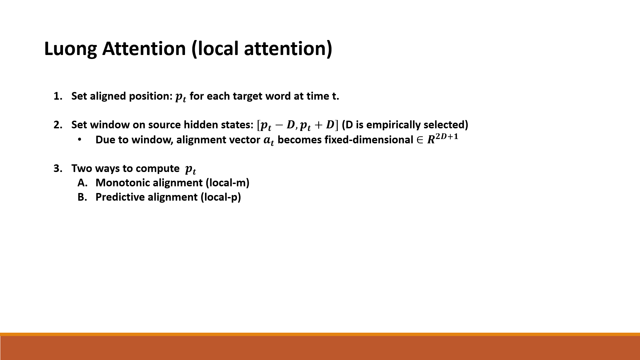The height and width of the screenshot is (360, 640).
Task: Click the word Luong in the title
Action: click(x=70, y=49)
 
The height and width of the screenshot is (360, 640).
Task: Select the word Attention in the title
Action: click(x=144, y=49)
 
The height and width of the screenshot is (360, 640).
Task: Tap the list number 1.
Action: click(x=57, y=96)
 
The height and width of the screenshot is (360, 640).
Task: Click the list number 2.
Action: click(x=57, y=125)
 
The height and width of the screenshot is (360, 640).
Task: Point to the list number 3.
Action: click(x=57, y=169)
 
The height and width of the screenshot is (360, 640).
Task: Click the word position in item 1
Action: click(x=150, y=96)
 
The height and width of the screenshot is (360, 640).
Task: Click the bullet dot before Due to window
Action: click(x=79, y=140)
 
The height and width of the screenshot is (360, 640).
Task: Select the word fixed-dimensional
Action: click(x=369, y=140)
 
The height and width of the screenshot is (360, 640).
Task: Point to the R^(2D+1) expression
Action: click(x=442, y=138)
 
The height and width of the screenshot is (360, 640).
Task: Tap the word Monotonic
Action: click(x=123, y=183)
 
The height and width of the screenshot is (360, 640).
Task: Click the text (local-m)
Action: click(x=227, y=183)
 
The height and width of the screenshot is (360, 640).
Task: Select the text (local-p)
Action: click(x=221, y=197)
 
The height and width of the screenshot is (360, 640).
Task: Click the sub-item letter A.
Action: click(x=82, y=183)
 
